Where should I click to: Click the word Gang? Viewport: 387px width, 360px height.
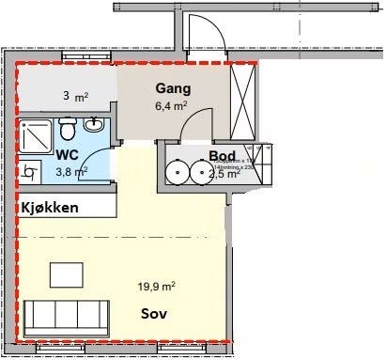pyautogui.click(x=172, y=89)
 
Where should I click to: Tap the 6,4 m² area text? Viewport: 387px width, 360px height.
pyautogui.click(x=173, y=106)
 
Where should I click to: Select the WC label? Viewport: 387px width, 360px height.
pyautogui.click(x=67, y=155)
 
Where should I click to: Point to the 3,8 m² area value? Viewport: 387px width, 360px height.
pyautogui.click(x=71, y=171)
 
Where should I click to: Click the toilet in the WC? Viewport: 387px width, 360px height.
pyautogui.click(x=67, y=128)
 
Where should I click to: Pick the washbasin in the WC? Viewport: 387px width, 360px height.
pyautogui.click(x=94, y=125)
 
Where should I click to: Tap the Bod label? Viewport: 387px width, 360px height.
pyautogui.click(x=223, y=156)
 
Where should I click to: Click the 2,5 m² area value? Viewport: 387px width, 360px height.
pyautogui.click(x=224, y=173)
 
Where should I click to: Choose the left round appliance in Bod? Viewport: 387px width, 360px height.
pyautogui.click(x=178, y=172)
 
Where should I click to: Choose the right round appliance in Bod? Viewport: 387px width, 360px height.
pyautogui.click(x=202, y=172)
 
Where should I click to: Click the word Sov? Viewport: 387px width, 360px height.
pyautogui.click(x=155, y=313)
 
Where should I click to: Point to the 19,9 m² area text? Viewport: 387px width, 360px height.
pyautogui.click(x=157, y=287)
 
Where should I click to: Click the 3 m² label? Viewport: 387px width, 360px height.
pyautogui.click(x=73, y=96)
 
